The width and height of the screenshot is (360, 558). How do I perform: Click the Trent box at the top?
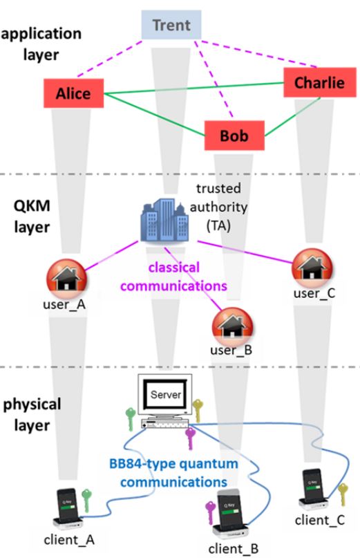point(171,25)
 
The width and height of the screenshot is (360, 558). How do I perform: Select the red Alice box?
point(73,93)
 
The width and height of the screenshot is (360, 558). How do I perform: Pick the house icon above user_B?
point(230,324)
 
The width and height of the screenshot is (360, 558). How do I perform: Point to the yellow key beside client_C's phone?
point(342,493)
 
